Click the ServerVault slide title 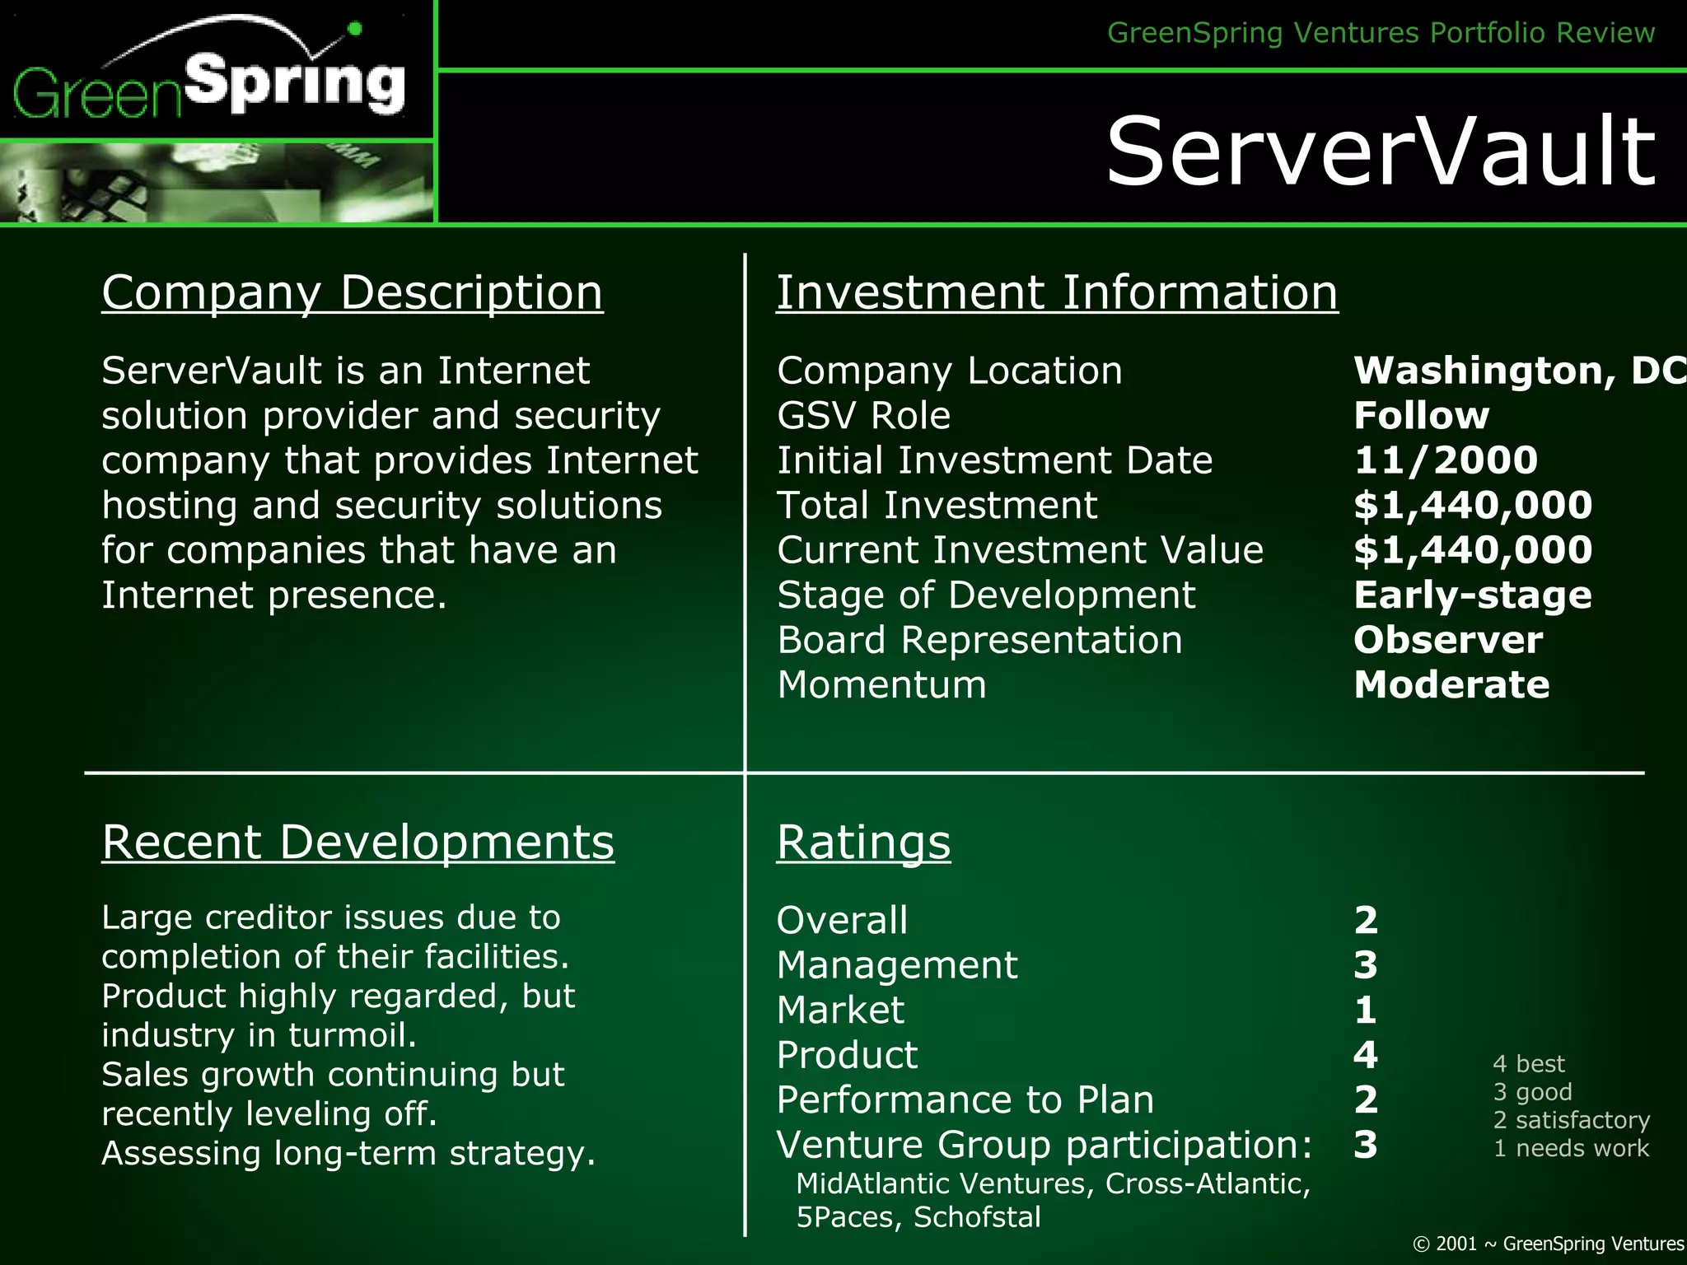coord(1381,152)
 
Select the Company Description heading coord(353,292)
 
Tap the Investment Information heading coord(1057,292)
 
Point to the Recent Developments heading coord(357,843)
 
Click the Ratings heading coord(863,843)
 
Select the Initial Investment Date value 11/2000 coord(1446,460)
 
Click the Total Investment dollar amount coord(1473,505)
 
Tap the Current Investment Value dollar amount coord(1473,549)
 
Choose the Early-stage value coord(1473,595)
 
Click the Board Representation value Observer coord(1448,640)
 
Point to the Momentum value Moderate coord(1451,684)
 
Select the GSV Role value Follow coord(1422,415)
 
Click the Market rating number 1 coord(1366,1010)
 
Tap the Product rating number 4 coord(1366,1054)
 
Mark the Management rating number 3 coord(1366,964)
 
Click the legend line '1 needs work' coord(1571,1148)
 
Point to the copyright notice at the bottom coord(1548,1244)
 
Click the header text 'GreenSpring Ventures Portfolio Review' coord(1381,33)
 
